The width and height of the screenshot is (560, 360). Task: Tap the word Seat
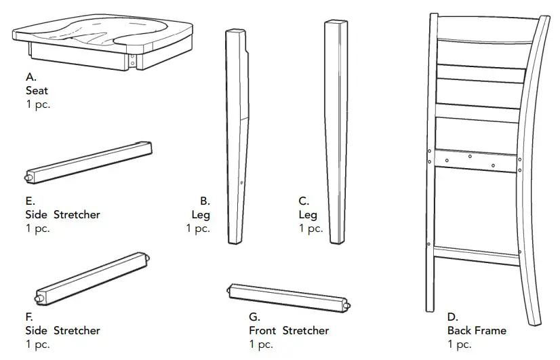[37, 91]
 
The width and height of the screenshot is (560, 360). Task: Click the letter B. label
[205, 201]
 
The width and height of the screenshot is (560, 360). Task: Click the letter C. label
[304, 201]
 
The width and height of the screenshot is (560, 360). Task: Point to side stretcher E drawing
[89, 162]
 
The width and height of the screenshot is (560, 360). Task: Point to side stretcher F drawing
[92, 278]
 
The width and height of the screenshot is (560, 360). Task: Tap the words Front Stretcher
[289, 331]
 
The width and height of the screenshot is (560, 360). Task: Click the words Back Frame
[477, 331]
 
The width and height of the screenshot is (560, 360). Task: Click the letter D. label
[453, 317]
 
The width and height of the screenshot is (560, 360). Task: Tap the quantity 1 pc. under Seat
[38, 104]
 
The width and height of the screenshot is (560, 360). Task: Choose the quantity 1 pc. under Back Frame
[460, 345]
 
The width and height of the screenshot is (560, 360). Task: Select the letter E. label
[31, 201]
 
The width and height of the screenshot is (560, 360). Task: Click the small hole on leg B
[242, 182]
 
